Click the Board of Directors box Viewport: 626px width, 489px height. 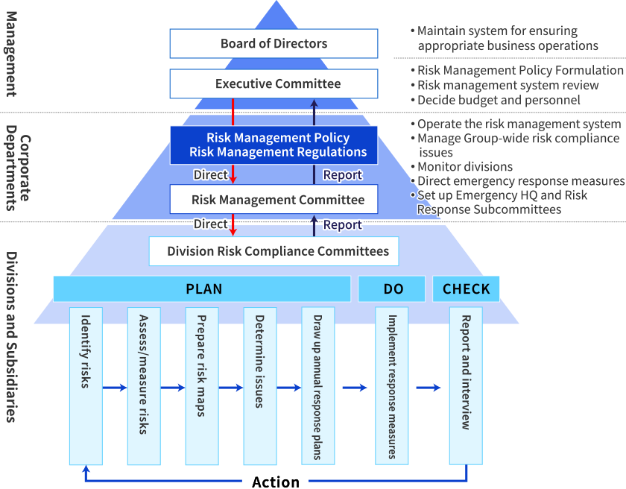(x=274, y=43)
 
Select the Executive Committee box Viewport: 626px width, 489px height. (x=274, y=83)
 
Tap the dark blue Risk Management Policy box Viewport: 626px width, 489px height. (x=274, y=145)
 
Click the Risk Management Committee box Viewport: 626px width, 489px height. (x=274, y=200)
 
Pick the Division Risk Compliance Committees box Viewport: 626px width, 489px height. (x=274, y=251)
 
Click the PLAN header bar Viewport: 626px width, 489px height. (x=202, y=288)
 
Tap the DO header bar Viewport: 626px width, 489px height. (x=392, y=288)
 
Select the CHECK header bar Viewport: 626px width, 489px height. (x=467, y=288)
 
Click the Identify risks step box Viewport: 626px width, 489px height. (x=86, y=386)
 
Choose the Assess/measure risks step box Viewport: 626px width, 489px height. (x=144, y=386)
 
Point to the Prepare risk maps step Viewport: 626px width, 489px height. (x=202, y=386)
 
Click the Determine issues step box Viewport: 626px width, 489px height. (x=260, y=386)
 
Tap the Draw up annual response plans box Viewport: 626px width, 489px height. (x=318, y=386)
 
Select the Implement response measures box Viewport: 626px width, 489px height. (x=392, y=386)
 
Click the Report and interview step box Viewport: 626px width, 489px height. (x=466, y=386)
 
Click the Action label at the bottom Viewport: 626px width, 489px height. (x=275, y=481)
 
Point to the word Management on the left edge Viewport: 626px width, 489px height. (x=10, y=54)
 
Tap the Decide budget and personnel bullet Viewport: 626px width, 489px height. (x=498, y=100)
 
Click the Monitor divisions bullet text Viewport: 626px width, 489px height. (x=464, y=166)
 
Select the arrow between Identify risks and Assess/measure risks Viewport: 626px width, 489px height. (x=115, y=388)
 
